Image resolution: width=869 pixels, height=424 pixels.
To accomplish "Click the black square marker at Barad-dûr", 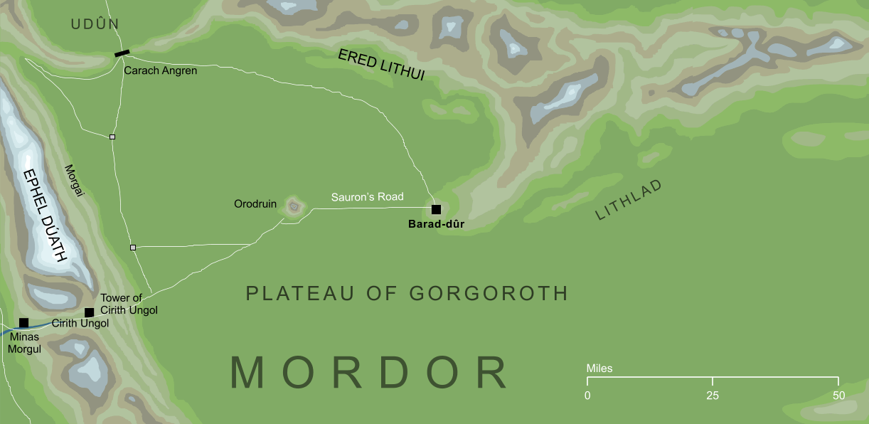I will (x=436, y=209).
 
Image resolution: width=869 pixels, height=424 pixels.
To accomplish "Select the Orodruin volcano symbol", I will (x=294, y=207).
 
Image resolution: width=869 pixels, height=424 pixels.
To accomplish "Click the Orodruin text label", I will (x=255, y=204).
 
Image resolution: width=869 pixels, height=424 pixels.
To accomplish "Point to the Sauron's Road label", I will (x=367, y=197).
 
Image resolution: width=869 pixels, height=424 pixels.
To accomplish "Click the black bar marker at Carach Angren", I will (x=122, y=53).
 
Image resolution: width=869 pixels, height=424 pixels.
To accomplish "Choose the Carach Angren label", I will (x=160, y=71).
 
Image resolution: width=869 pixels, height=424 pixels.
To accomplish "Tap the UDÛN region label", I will (x=95, y=25).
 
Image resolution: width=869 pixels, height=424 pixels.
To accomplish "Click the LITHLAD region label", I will (x=629, y=199).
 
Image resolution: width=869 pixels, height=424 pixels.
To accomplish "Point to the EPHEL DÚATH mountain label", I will (x=44, y=215).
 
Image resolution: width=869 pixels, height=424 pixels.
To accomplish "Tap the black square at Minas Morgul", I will (x=23, y=323).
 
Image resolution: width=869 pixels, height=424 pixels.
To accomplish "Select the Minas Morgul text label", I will (x=26, y=344).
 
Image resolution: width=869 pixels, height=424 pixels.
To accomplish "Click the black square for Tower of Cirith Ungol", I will (x=89, y=312).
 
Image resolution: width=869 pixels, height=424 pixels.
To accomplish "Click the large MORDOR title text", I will (x=369, y=373).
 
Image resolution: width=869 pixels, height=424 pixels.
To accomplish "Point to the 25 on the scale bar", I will (x=713, y=396).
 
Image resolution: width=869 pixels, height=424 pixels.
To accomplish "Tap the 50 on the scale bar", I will (x=838, y=396).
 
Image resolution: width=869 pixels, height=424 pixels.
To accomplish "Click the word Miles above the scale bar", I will (x=599, y=369).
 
